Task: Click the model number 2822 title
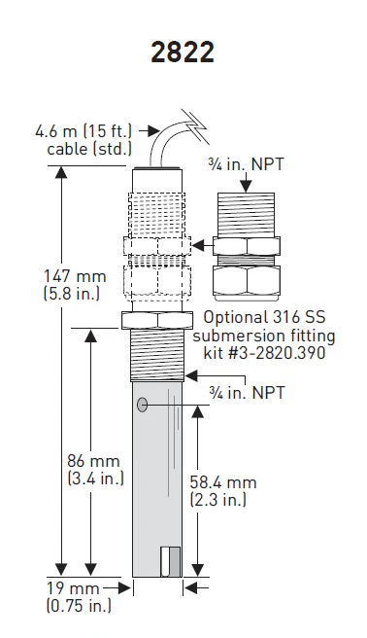183,53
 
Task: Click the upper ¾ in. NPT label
246,164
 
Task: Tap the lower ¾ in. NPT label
248,393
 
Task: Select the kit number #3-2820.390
264,352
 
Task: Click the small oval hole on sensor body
142,405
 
